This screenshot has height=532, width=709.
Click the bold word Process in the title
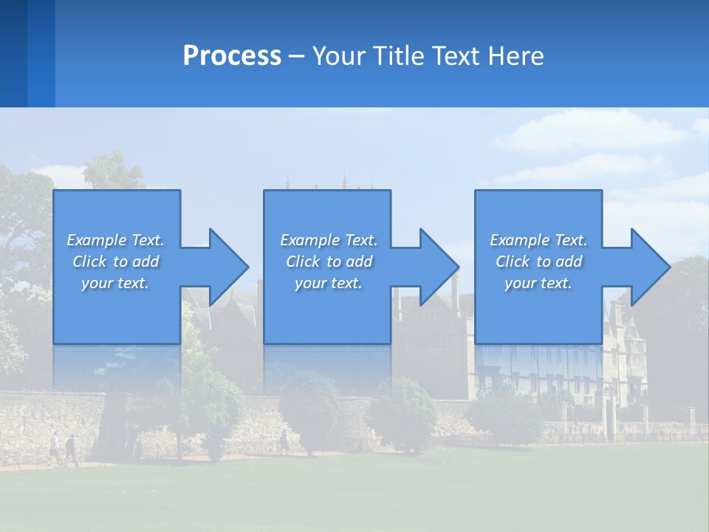[x=232, y=56]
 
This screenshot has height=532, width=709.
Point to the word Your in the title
[x=339, y=56]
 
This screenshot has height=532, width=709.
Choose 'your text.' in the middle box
[x=328, y=283]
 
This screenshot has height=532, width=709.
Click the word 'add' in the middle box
[x=358, y=262]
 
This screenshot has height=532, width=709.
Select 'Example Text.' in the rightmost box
[x=538, y=240]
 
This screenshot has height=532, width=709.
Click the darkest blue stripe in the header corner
[x=13, y=53]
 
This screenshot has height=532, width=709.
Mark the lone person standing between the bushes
[x=284, y=442]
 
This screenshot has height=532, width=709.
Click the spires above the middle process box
[x=344, y=181]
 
